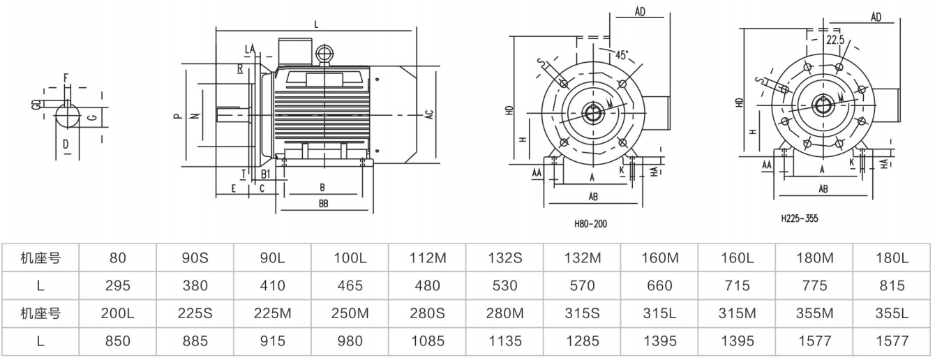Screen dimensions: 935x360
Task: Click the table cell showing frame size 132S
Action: [x=504, y=258]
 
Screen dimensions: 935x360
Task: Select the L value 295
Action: [x=118, y=285]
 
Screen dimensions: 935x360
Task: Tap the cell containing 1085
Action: [x=428, y=341]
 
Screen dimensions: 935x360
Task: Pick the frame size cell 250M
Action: [x=350, y=313]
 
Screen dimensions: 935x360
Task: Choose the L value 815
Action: [x=892, y=285]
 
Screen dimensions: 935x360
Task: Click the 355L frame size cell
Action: [x=892, y=313]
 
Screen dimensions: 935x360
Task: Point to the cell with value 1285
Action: [x=583, y=341]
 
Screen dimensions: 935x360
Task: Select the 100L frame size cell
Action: [x=350, y=258]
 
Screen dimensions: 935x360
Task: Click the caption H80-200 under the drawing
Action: [x=590, y=224]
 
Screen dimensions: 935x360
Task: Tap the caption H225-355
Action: [x=800, y=218]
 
